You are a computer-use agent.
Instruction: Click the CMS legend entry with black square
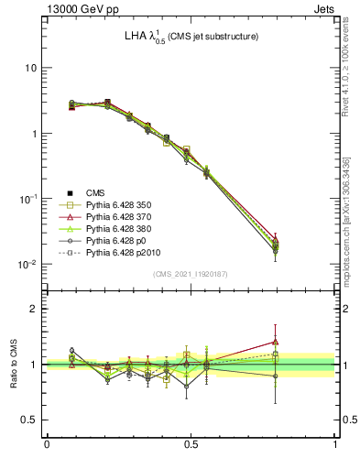tap(95, 192)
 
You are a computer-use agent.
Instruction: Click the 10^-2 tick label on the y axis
tap(27, 264)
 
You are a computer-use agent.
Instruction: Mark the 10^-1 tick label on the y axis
tap(27, 199)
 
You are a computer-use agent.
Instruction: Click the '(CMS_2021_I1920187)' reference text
tap(191, 274)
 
